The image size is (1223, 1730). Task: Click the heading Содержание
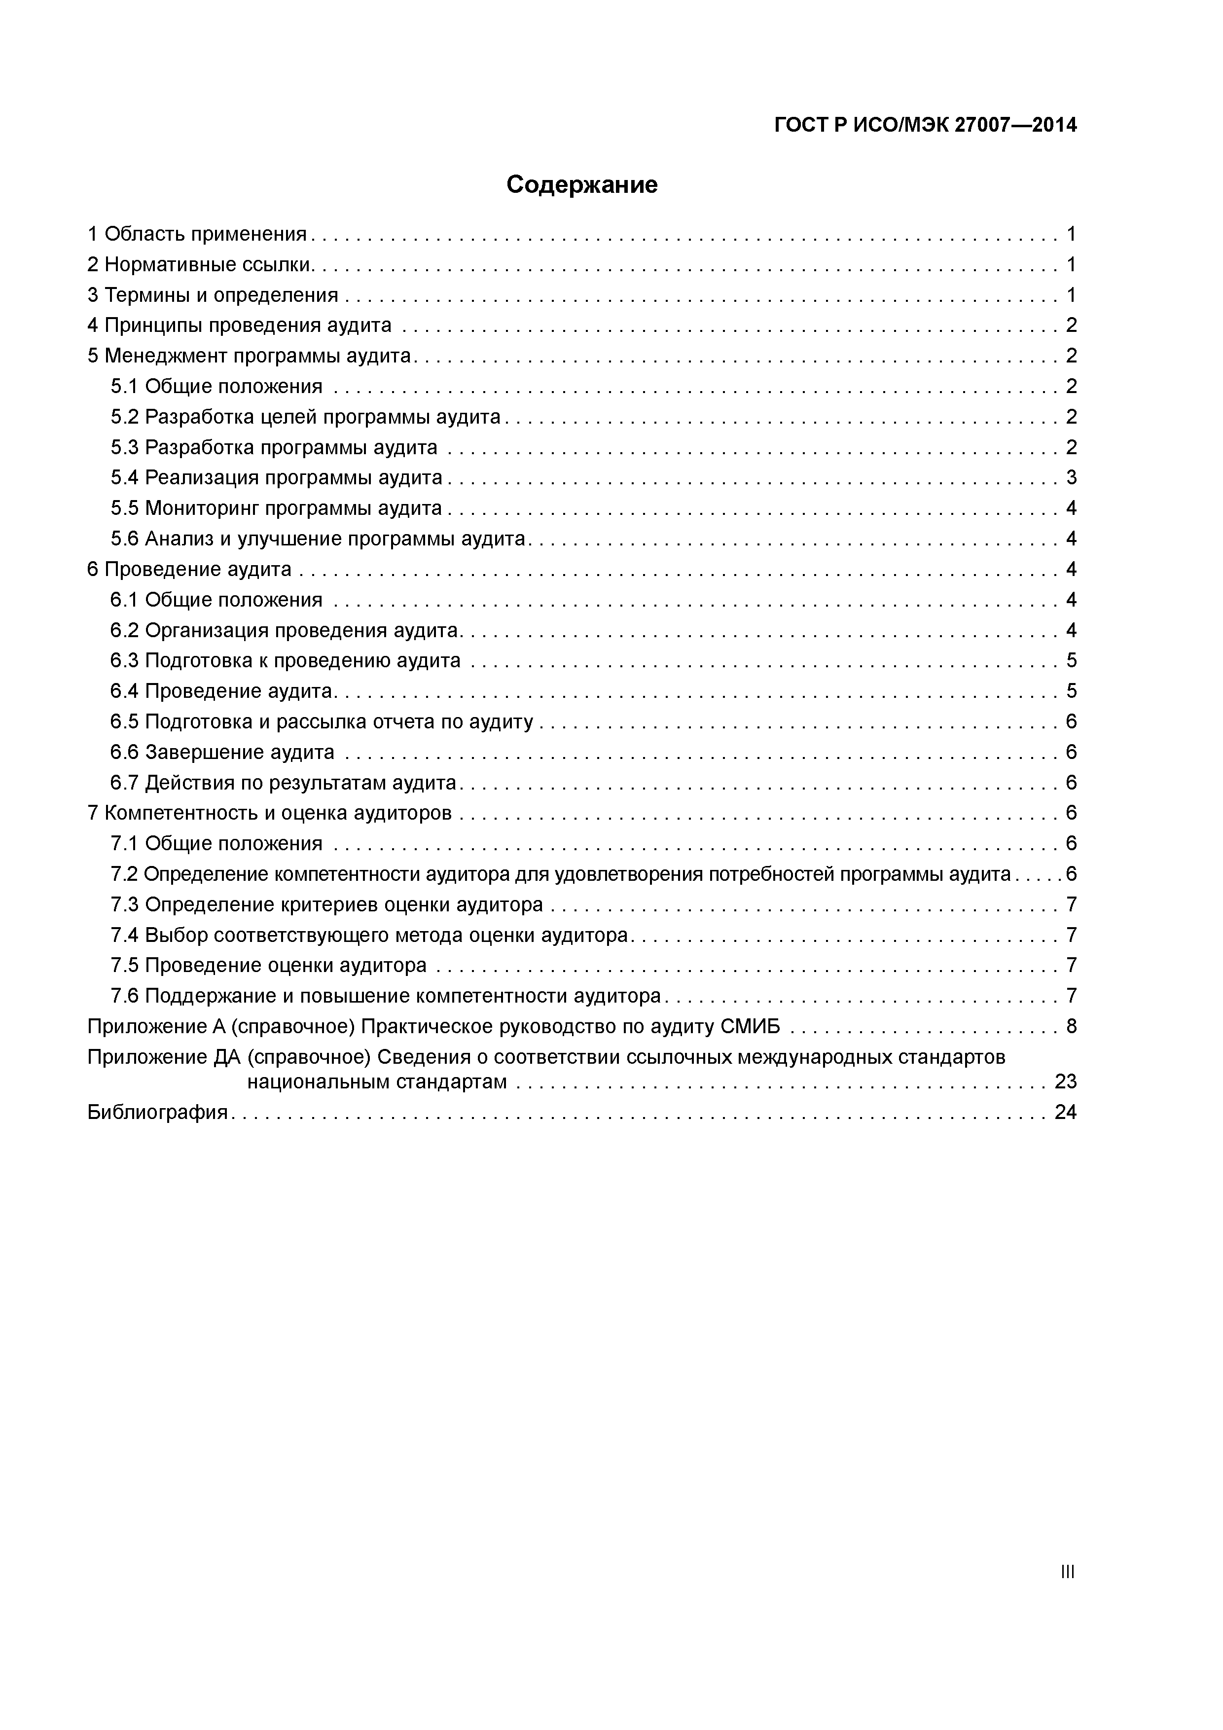[x=582, y=184]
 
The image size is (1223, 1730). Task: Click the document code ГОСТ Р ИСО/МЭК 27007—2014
[x=925, y=126]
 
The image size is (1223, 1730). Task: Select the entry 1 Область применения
[x=197, y=234]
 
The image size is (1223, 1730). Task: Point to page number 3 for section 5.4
[x=1071, y=478]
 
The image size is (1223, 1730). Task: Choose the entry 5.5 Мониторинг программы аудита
[x=276, y=508]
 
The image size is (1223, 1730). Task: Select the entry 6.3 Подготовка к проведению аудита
[x=285, y=661]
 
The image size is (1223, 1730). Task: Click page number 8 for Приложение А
[x=1071, y=1026]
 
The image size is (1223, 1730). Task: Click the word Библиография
[x=157, y=1112]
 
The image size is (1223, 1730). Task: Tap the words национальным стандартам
[x=377, y=1082]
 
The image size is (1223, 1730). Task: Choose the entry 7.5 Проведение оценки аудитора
[x=268, y=965]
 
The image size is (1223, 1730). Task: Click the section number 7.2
[x=124, y=874]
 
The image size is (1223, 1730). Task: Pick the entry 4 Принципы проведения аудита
[x=240, y=325]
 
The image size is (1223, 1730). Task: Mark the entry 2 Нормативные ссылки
[x=200, y=264]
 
